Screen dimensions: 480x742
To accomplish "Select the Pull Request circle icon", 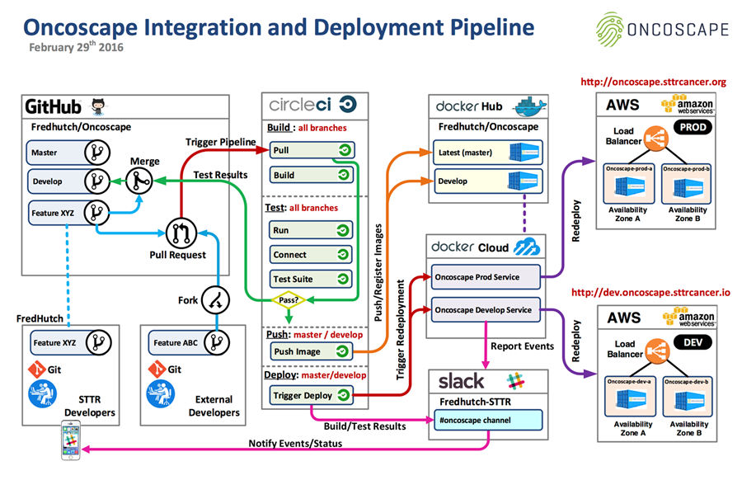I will tap(180, 233).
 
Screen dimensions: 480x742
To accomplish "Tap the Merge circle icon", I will tap(138, 177).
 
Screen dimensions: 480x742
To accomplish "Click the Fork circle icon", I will tap(215, 299).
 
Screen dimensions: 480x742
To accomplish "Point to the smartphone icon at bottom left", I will tap(68, 440).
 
